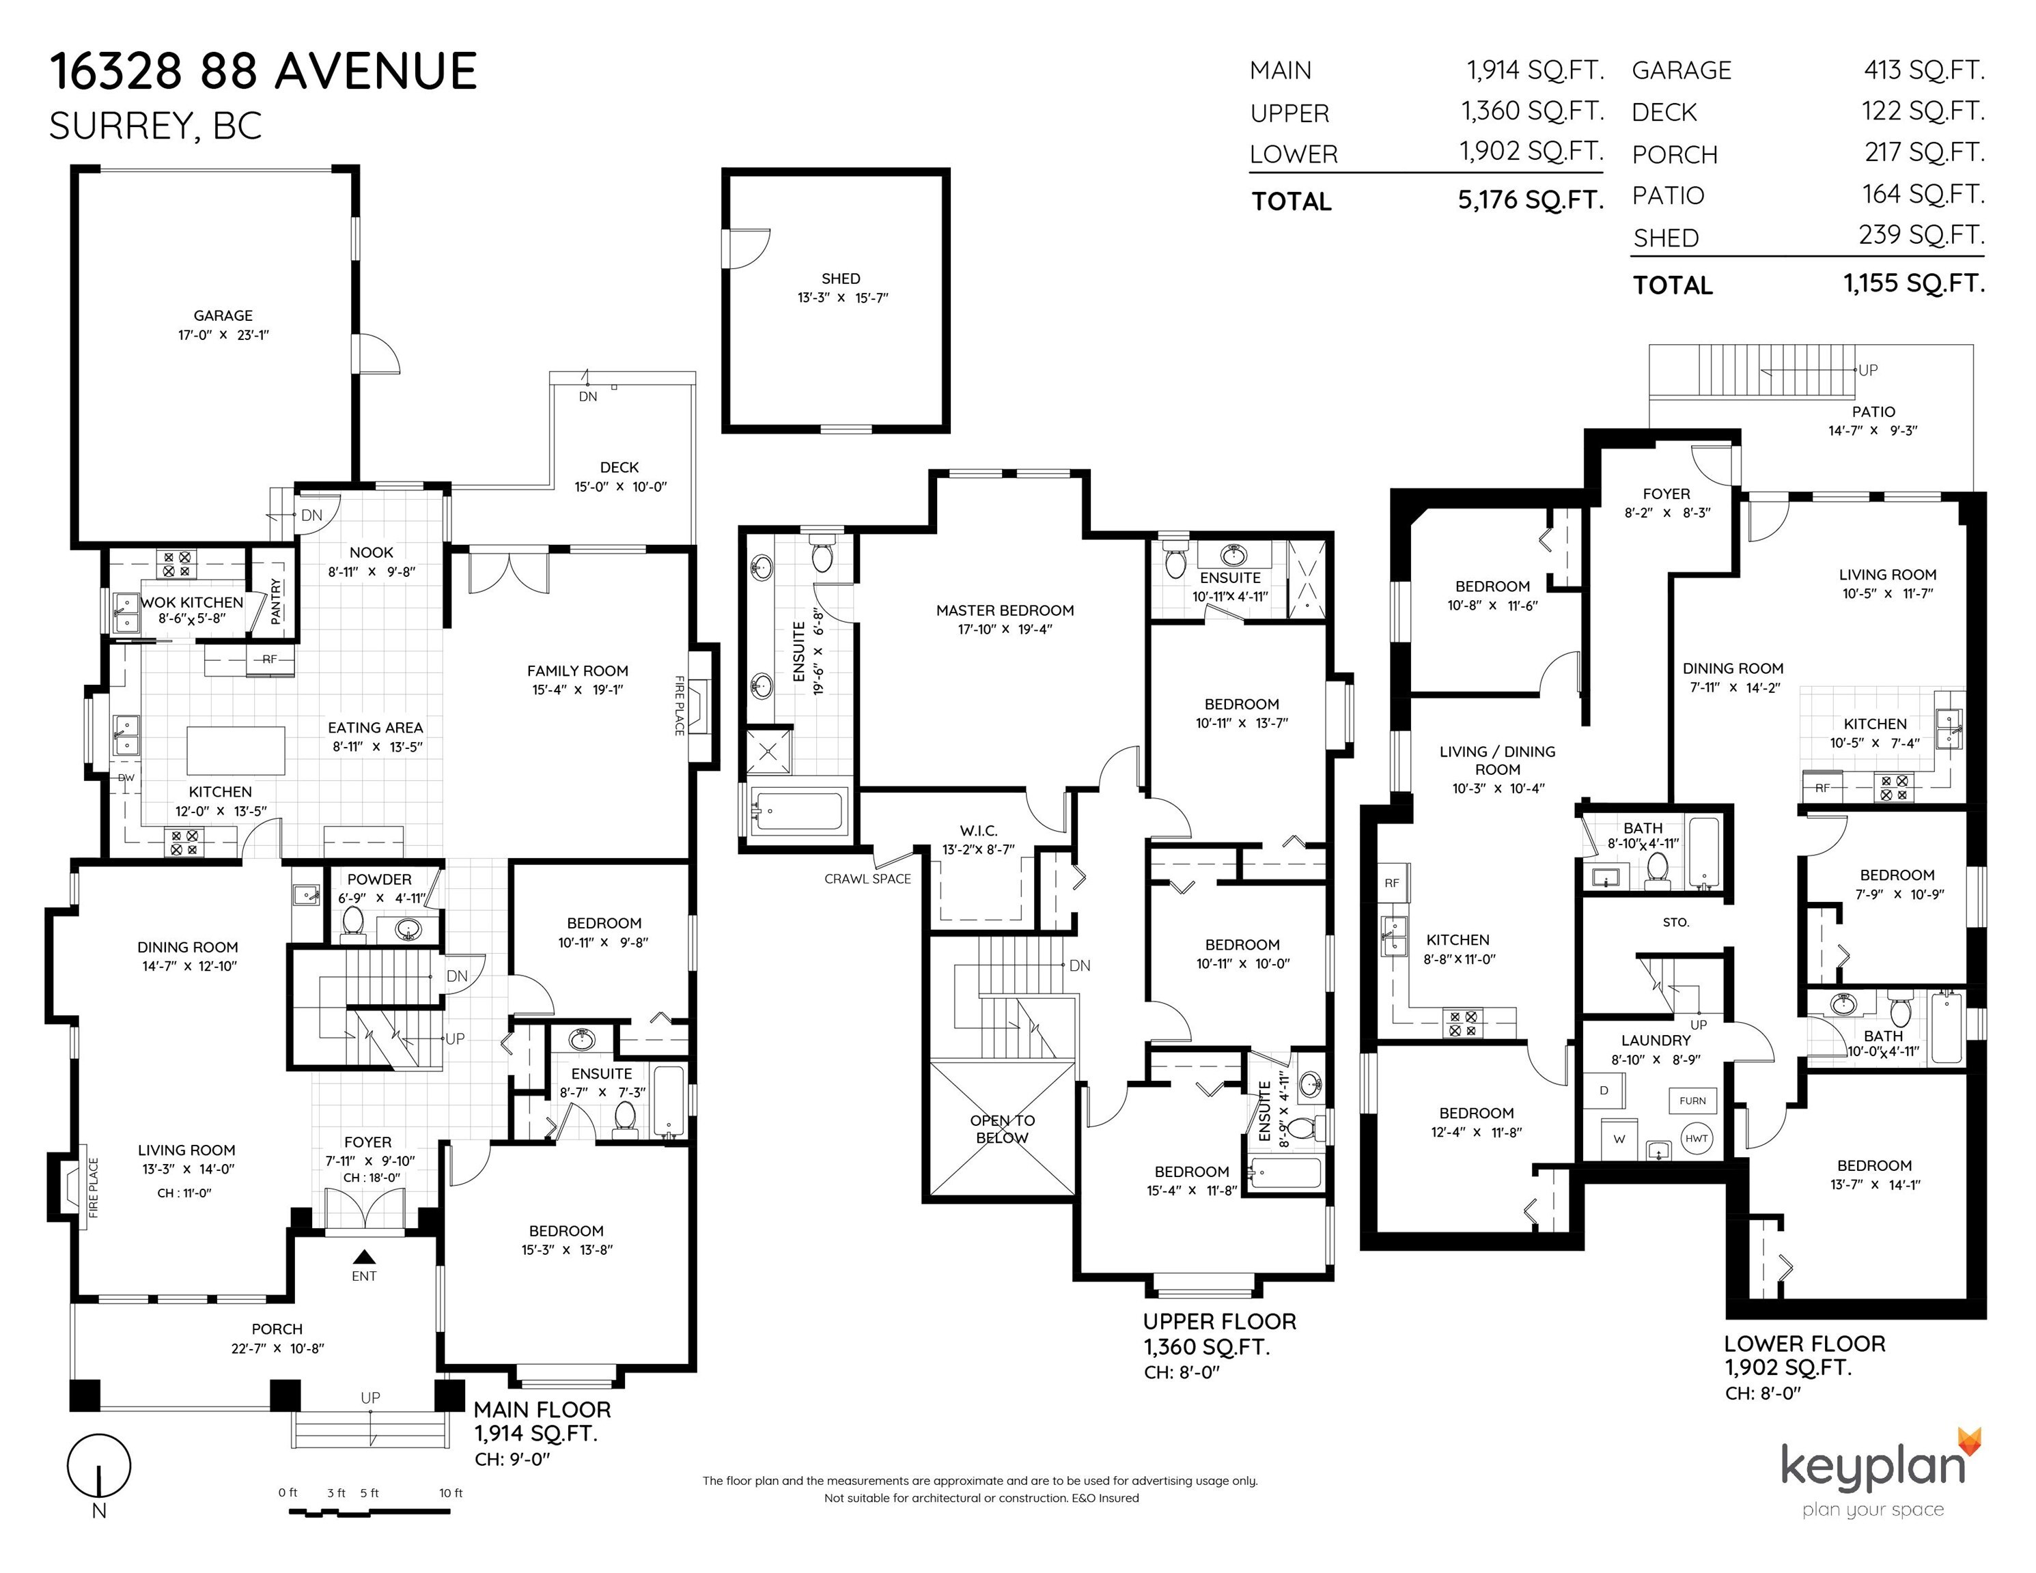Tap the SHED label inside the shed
[x=840, y=279]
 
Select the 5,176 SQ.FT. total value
[x=1530, y=199]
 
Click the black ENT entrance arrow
[x=363, y=1256]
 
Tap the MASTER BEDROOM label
[x=1004, y=610]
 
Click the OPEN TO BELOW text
[x=1001, y=1129]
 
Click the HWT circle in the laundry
[x=1696, y=1139]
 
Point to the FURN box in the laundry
[x=1692, y=1101]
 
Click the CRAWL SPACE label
[x=867, y=879]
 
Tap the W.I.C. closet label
[x=978, y=830]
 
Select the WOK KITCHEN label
[x=191, y=603]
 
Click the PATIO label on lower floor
[x=1873, y=412]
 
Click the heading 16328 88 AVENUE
[x=263, y=72]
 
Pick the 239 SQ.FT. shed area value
[x=1921, y=235]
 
